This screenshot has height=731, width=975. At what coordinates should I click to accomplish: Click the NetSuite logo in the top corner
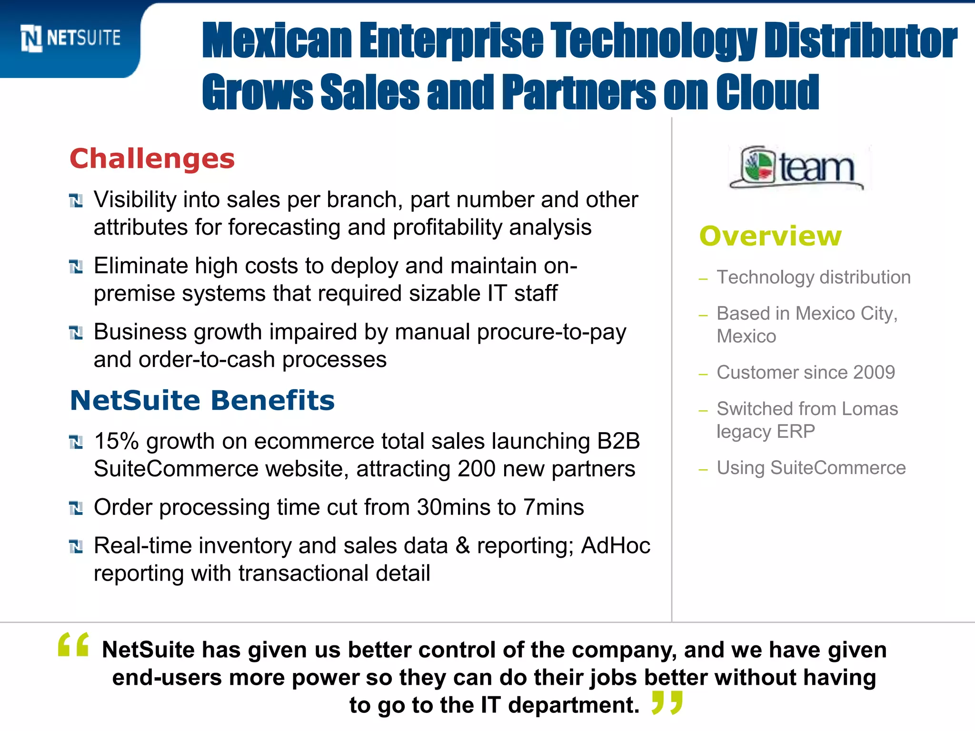tap(70, 38)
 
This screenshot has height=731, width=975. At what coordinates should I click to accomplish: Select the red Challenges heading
tap(152, 158)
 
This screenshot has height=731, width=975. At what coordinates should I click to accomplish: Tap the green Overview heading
tap(770, 236)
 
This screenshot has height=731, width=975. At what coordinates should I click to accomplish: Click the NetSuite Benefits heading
tap(202, 400)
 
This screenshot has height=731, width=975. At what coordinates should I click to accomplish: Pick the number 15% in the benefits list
tap(116, 441)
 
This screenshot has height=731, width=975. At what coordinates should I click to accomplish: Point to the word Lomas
tap(869, 409)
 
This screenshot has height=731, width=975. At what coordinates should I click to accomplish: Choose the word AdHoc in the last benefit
tap(616, 546)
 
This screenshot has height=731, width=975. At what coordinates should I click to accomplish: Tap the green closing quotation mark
tap(667, 702)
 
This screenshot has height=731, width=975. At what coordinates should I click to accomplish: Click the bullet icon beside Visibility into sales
tap(76, 201)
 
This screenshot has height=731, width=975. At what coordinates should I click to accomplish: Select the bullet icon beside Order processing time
tap(76, 508)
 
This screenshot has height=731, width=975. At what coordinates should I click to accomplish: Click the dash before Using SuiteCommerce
tap(703, 470)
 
